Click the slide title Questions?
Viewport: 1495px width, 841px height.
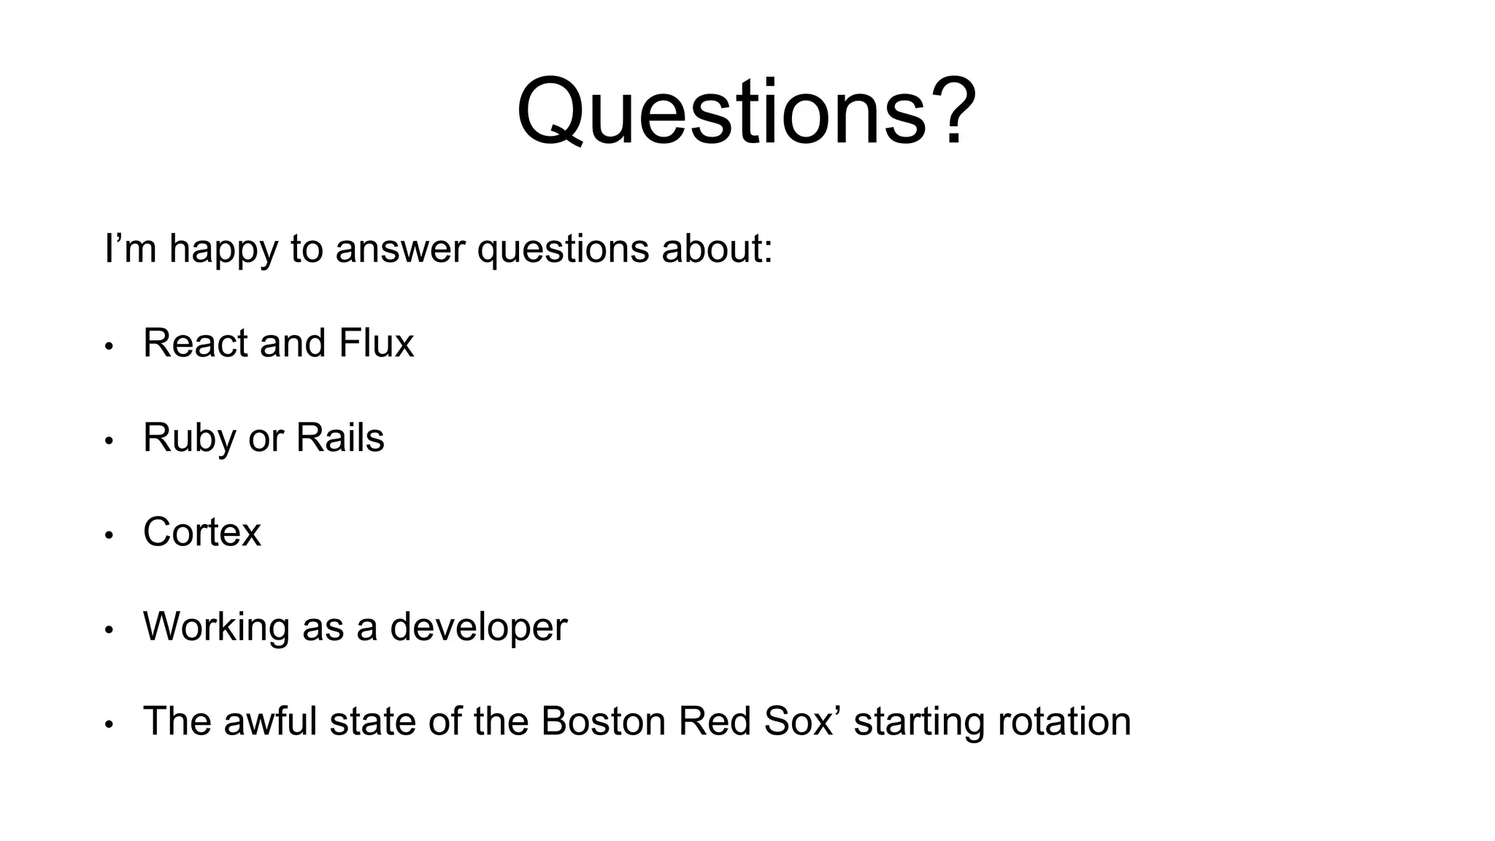pyautogui.click(x=746, y=111)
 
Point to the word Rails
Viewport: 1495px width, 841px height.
pyautogui.click(x=339, y=437)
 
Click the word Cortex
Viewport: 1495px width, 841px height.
pyautogui.click(x=201, y=531)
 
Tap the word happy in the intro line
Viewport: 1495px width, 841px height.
pyautogui.click(x=223, y=249)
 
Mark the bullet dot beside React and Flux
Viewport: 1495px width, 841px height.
pyautogui.click(x=109, y=346)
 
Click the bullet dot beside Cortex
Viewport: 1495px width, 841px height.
pyautogui.click(x=109, y=535)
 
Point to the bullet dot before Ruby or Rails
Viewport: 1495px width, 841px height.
pyautogui.click(x=109, y=441)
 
